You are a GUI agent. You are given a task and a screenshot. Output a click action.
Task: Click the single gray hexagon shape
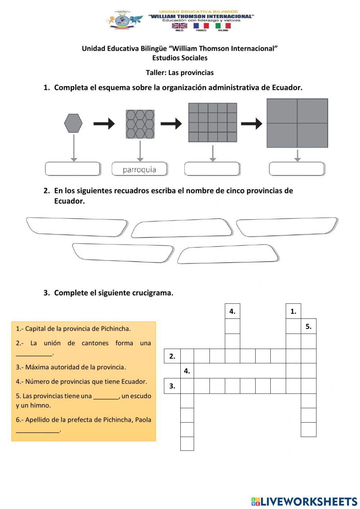click(73, 124)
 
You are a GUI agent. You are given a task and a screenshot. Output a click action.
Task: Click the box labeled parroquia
click(139, 169)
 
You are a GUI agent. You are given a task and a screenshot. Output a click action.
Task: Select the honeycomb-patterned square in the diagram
click(140, 124)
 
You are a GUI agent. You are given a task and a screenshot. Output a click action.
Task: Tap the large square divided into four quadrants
click(297, 123)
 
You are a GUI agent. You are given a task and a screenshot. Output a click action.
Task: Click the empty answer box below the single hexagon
click(72, 169)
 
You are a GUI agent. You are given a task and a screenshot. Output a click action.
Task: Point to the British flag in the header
click(179, 26)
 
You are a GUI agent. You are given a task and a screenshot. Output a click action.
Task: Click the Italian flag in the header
click(223, 26)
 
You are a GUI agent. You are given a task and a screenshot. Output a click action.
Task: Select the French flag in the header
click(201, 26)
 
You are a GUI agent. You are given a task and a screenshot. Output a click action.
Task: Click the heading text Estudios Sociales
click(180, 58)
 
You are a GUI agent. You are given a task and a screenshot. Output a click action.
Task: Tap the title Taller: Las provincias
click(180, 73)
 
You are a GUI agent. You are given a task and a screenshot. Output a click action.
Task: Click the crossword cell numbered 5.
click(309, 326)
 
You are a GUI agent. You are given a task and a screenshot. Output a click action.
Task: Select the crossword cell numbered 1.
click(293, 311)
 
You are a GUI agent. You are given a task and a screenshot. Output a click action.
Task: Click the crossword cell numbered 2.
click(172, 356)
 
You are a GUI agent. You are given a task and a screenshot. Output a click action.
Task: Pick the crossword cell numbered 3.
click(172, 386)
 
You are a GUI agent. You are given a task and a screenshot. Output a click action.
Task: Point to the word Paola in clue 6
click(143, 420)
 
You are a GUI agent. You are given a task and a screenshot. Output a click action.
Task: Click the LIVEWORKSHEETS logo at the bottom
click(304, 501)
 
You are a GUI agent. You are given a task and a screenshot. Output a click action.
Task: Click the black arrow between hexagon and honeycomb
click(104, 124)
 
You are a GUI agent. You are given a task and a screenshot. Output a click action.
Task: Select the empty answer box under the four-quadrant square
click(297, 169)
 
